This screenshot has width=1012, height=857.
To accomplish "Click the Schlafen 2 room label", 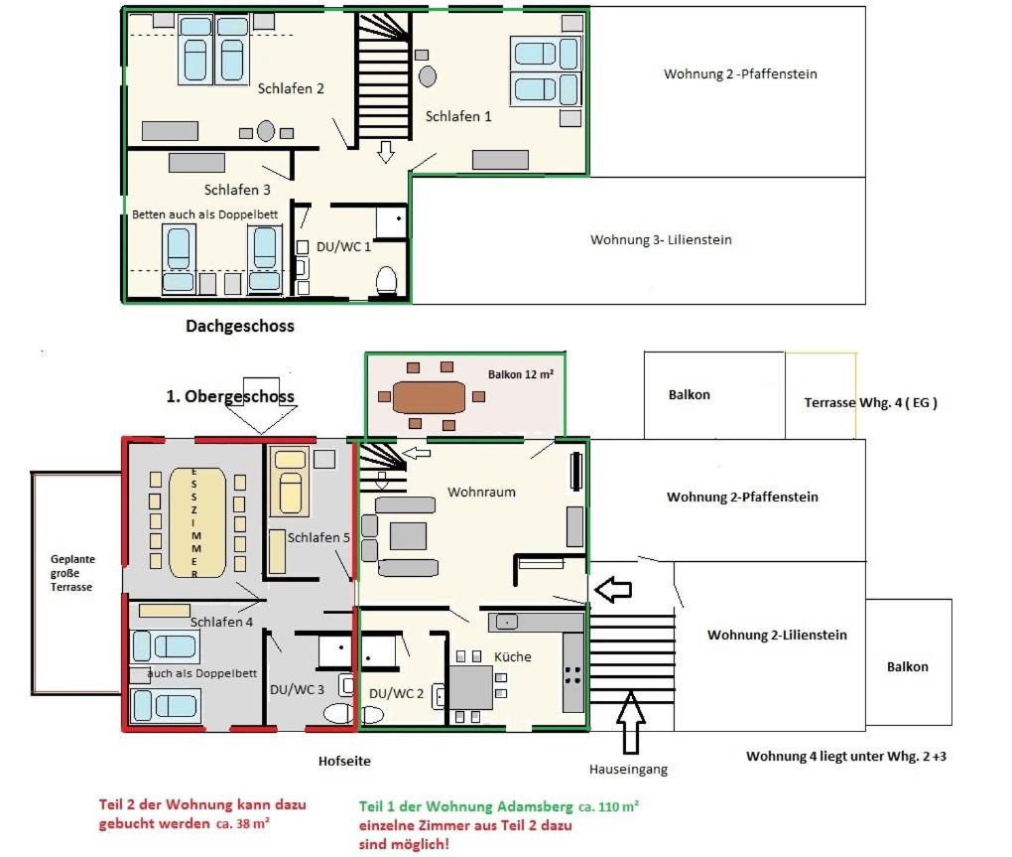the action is pyautogui.click(x=291, y=88).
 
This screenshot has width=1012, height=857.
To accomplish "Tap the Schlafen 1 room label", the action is pyautogui.click(x=458, y=116).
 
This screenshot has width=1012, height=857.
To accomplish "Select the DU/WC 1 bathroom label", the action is pyautogui.click(x=343, y=246).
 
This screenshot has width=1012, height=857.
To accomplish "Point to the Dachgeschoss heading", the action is pyautogui.click(x=240, y=326).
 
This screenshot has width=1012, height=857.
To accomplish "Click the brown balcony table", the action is pyautogui.click(x=430, y=397).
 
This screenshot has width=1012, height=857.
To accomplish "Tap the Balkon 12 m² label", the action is pyautogui.click(x=520, y=374).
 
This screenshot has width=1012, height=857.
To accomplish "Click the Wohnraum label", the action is pyautogui.click(x=481, y=493).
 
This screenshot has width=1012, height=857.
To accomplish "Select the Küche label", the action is pyautogui.click(x=513, y=656).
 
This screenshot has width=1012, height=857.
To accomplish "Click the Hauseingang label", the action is pyautogui.click(x=628, y=770).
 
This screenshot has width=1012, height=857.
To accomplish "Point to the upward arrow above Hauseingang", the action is pyautogui.click(x=631, y=722).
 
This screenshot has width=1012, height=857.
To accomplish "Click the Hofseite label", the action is pyautogui.click(x=344, y=761).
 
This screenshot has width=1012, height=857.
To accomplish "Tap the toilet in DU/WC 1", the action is pyautogui.click(x=387, y=281).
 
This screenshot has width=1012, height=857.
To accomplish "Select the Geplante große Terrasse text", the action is pyautogui.click(x=72, y=573).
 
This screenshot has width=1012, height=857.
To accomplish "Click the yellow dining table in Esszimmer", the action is pyautogui.click(x=197, y=522).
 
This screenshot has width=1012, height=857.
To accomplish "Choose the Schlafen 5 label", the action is pyautogui.click(x=318, y=537).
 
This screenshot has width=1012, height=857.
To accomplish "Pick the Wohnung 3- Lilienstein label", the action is pyautogui.click(x=661, y=239).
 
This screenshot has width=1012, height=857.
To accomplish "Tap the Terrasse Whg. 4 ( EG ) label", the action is pyautogui.click(x=871, y=402).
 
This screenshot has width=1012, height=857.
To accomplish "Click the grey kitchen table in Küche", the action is pyautogui.click(x=471, y=688).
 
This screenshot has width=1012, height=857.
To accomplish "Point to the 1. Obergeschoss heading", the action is pyautogui.click(x=230, y=396).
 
